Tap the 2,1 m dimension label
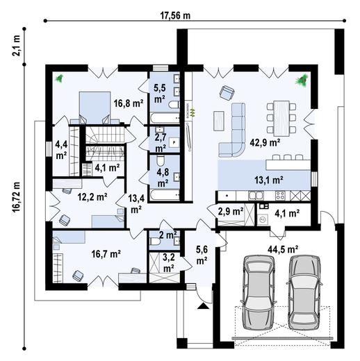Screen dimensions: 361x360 click(x=15, y=47)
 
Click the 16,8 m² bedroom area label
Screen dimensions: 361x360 click(x=128, y=102)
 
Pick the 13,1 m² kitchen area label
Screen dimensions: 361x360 click(x=269, y=180)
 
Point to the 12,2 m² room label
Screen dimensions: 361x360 click(x=92, y=197)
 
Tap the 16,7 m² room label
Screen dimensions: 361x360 click(x=106, y=255)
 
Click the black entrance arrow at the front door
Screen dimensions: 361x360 click(x=202, y=305)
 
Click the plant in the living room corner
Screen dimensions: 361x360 click(x=302, y=80)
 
